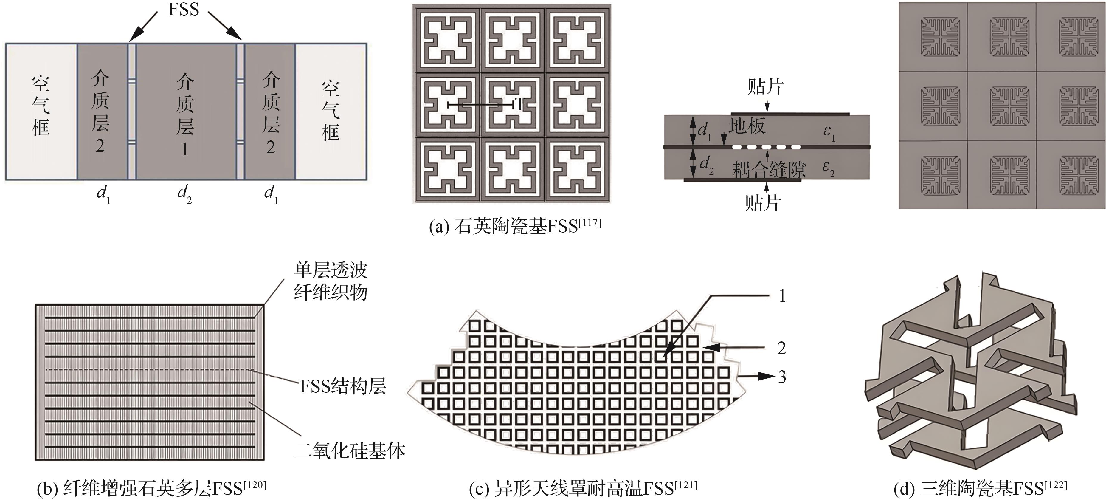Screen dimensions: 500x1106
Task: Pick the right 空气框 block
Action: (331, 111)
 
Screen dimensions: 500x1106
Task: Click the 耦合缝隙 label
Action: (769, 170)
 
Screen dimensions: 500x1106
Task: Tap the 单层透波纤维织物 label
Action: (331, 282)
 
